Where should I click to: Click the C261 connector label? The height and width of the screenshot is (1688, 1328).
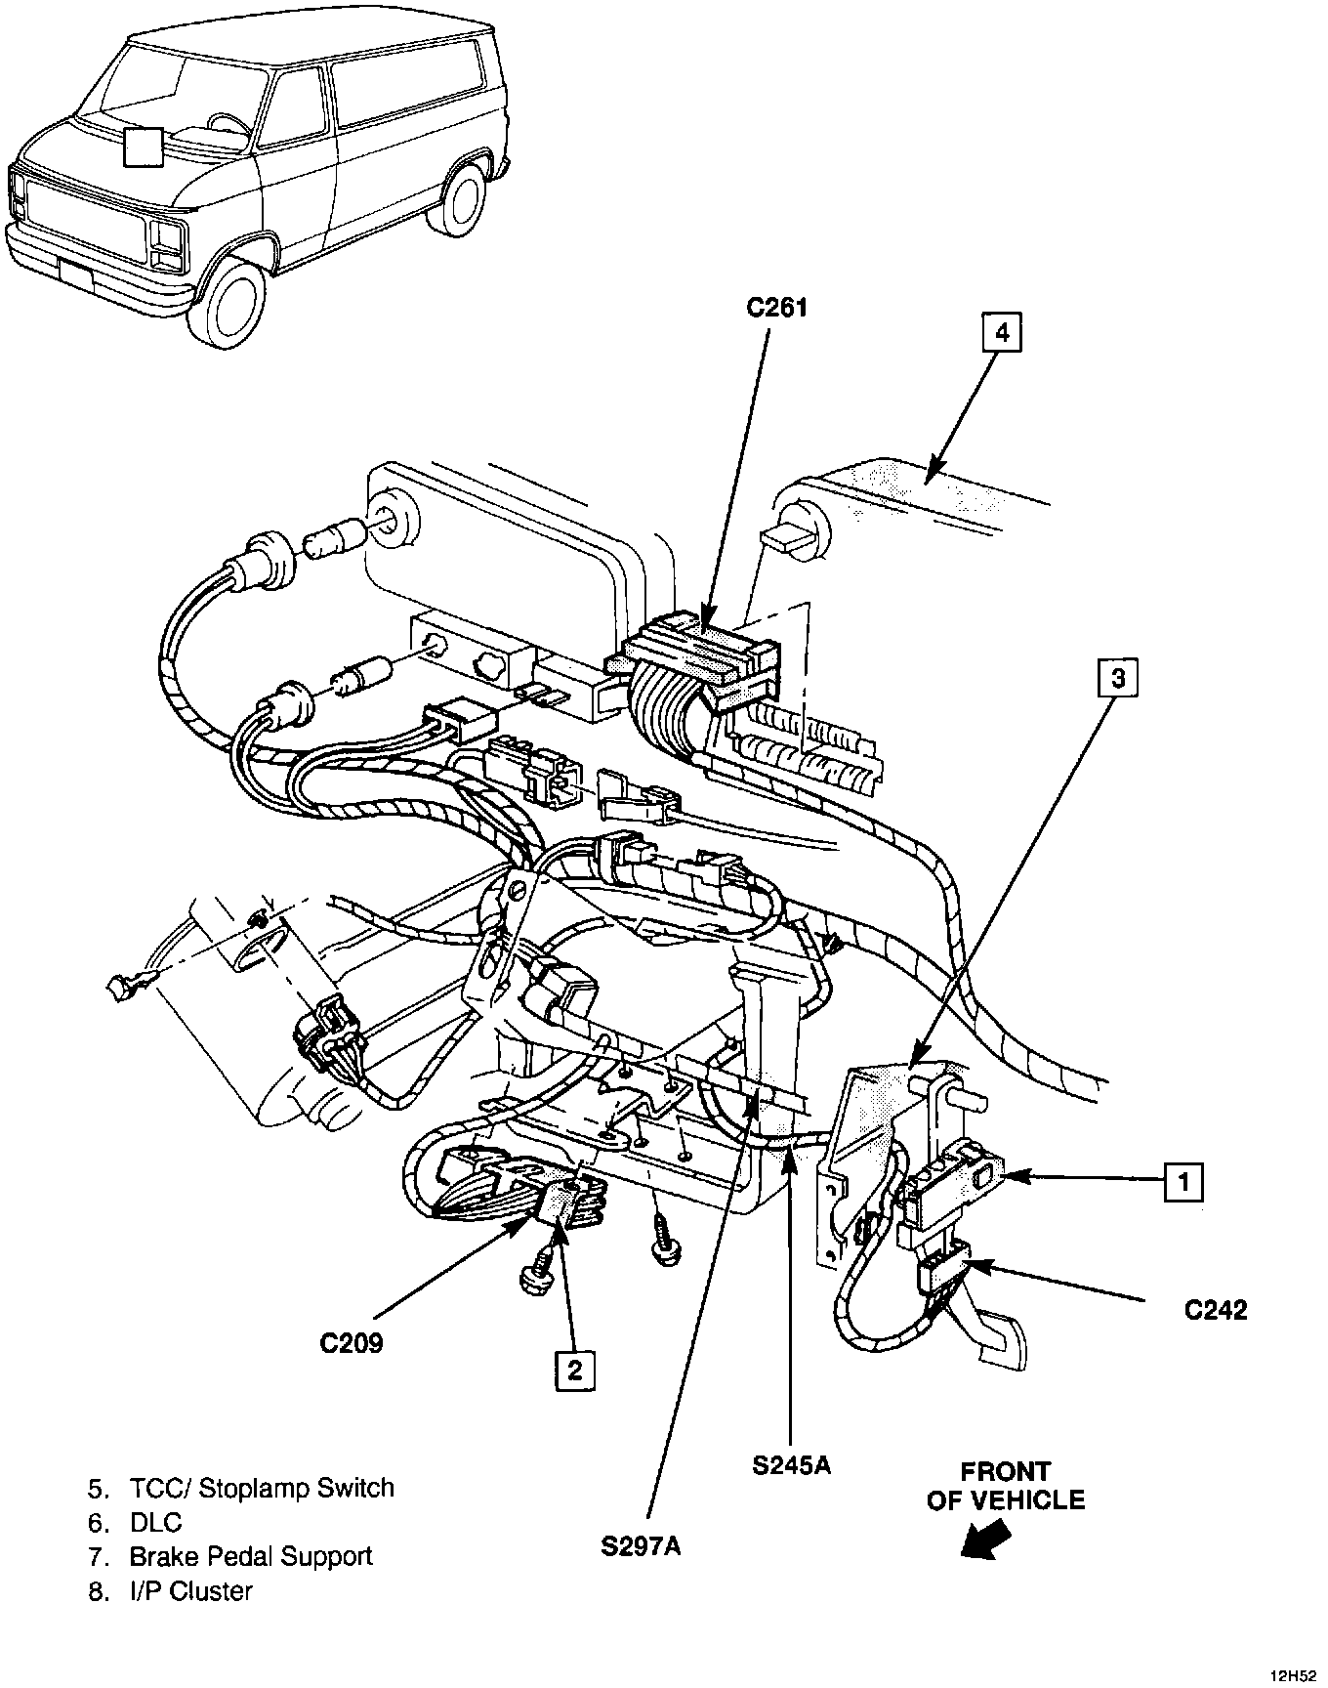(x=777, y=309)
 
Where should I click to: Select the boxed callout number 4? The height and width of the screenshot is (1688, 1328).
(x=1002, y=333)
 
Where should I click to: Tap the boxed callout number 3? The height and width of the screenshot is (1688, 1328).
(x=1118, y=678)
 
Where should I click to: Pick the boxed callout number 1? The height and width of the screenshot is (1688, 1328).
(x=1183, y=1183)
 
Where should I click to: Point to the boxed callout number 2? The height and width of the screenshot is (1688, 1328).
(x=573, y=1370)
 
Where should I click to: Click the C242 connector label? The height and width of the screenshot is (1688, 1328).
(x=1216, y=1310)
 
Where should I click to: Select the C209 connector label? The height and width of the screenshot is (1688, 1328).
(x=352, y=1343)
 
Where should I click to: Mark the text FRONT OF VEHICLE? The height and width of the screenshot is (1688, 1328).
(x=1005, y=1486)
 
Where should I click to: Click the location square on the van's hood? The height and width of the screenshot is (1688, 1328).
(x=144, y=148)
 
